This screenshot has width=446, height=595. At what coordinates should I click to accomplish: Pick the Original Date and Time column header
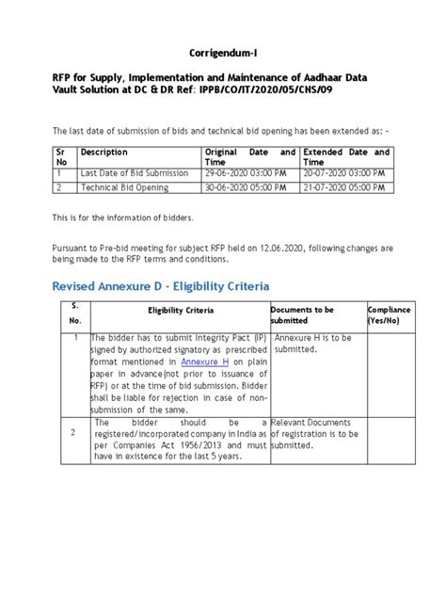coord(248,157)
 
